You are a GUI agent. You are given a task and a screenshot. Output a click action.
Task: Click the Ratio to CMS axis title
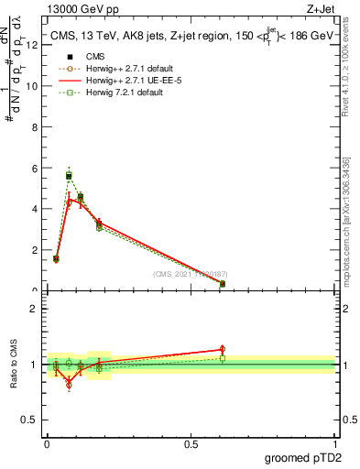14,365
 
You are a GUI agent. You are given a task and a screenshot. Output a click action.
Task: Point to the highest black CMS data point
69,175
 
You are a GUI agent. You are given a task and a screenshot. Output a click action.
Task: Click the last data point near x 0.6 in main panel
223,284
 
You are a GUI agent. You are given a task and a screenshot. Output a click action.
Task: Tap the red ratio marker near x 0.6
223,349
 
